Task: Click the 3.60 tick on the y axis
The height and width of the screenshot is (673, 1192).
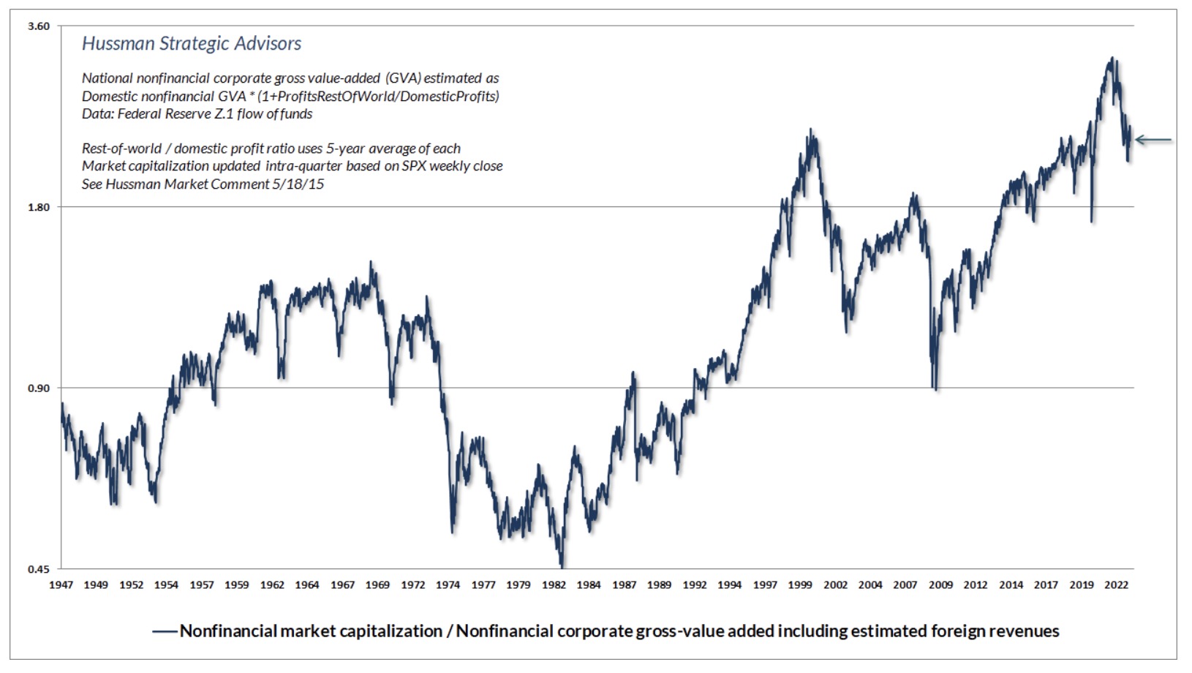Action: pyautogui.click(x=39, y=26)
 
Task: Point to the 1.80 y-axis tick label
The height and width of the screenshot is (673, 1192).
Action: pyautogui.click(x=39, y=207)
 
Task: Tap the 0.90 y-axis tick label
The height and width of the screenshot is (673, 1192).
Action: pyautogui.click(x=39, y=388)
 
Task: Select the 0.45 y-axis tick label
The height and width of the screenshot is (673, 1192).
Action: pyautogui.click(x=39, y=568)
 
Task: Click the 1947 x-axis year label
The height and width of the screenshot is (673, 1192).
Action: pyautogui.click(x=61, y=584)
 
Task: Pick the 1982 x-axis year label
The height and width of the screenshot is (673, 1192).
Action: pyautogui.click(x=554, y=584)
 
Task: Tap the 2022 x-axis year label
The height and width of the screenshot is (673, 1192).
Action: pyautogui.click(x=1116, y=584)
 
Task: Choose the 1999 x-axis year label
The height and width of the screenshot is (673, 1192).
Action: pyautogui.click(x=800, y=584)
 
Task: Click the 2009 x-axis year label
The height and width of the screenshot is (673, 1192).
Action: pyautogui.click(x=940, y=584)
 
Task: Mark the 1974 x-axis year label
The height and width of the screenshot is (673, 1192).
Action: pyautogui.click(x=448, y=584)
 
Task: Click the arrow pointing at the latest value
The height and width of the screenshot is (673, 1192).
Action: pyautogui.click(x=1153, y=140)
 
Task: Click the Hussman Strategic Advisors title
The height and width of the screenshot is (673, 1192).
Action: pyautogui.click(x=192, y=44)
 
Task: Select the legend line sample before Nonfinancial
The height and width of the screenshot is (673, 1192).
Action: pyautogui.click(x=165, y=631)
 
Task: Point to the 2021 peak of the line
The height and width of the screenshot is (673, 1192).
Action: pyautogui.click(x=1112, y=59)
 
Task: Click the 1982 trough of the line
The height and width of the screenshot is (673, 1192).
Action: pyautogui.click(x=562, y=565)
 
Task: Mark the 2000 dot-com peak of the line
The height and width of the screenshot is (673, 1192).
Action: pyautogui.click(x=810, y=130)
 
